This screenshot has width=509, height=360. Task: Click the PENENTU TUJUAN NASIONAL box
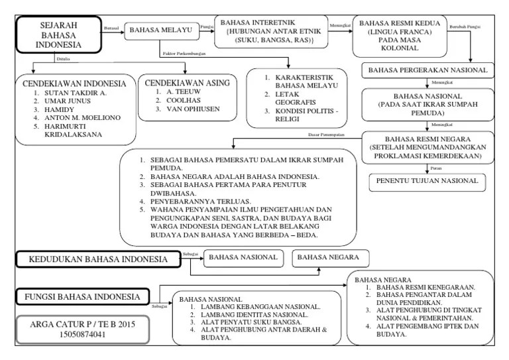427,181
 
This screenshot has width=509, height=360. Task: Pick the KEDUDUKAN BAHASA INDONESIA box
98,259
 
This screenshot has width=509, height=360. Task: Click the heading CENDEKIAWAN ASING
189,83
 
